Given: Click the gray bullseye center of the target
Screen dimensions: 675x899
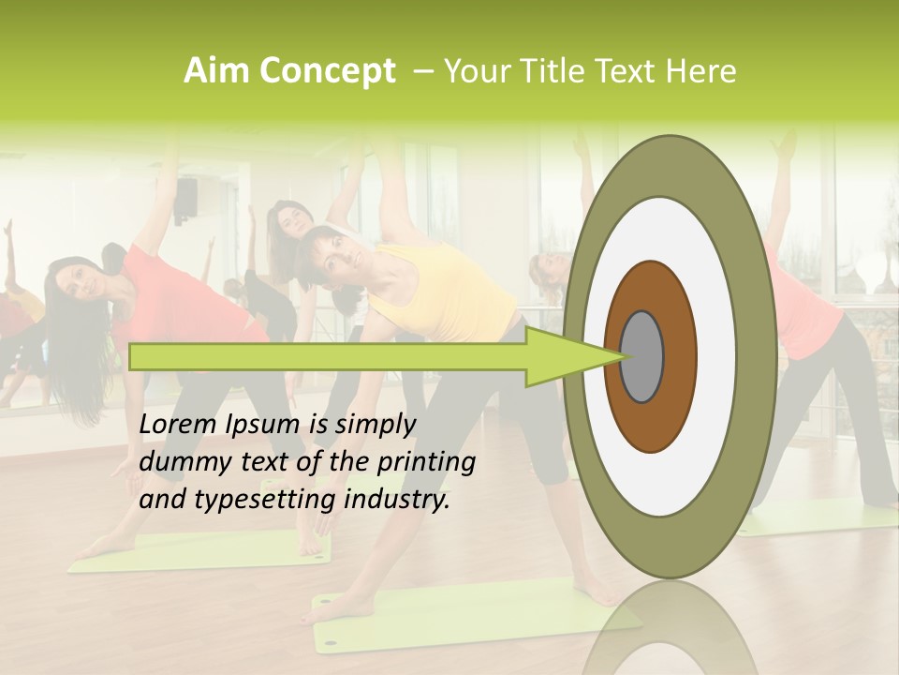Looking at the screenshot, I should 642,356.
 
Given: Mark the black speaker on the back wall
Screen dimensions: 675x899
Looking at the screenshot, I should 187,201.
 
